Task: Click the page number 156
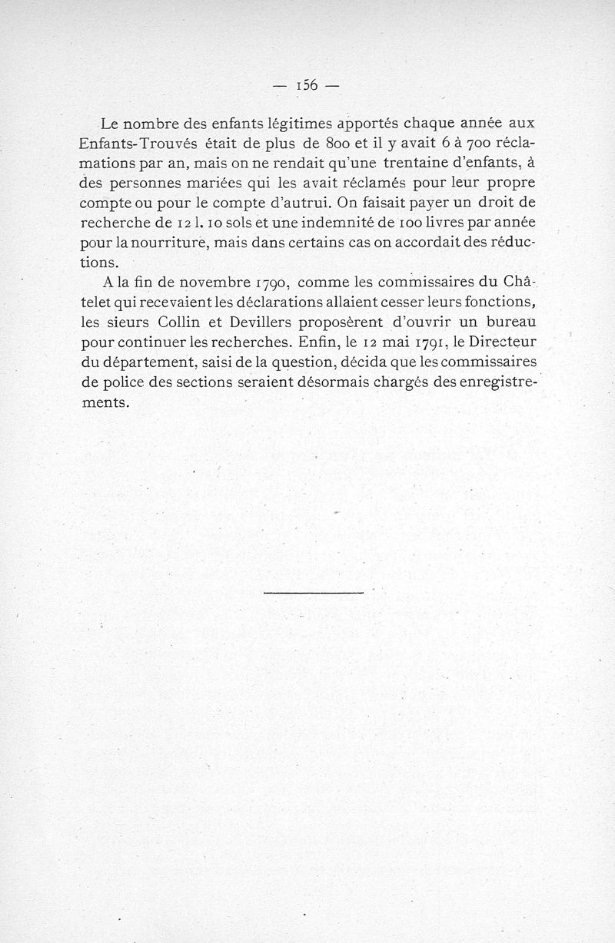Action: pos(307,85)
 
